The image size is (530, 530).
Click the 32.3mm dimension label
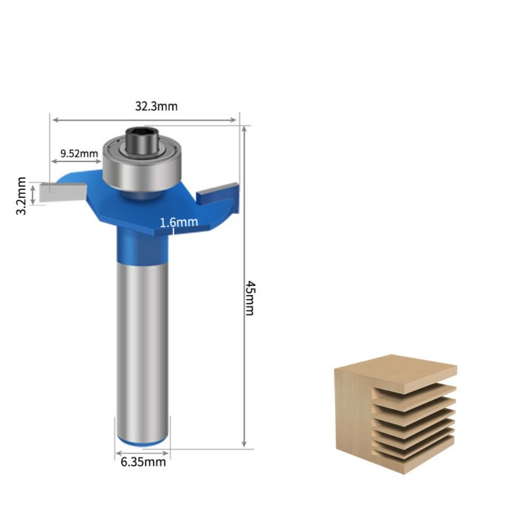pyautogui.click(x=156, y=106)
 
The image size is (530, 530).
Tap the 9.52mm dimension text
pyautogui.click(x=79, y=154)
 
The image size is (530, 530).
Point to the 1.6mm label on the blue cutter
pyautogui.click(x=179, y=222)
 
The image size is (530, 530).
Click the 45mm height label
pyautogui.click(x=250, y=298)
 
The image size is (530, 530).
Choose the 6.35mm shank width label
pyautogui.click(x=143, y=462)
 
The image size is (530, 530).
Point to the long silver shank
pyautogui.click(x=143, y=344)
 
